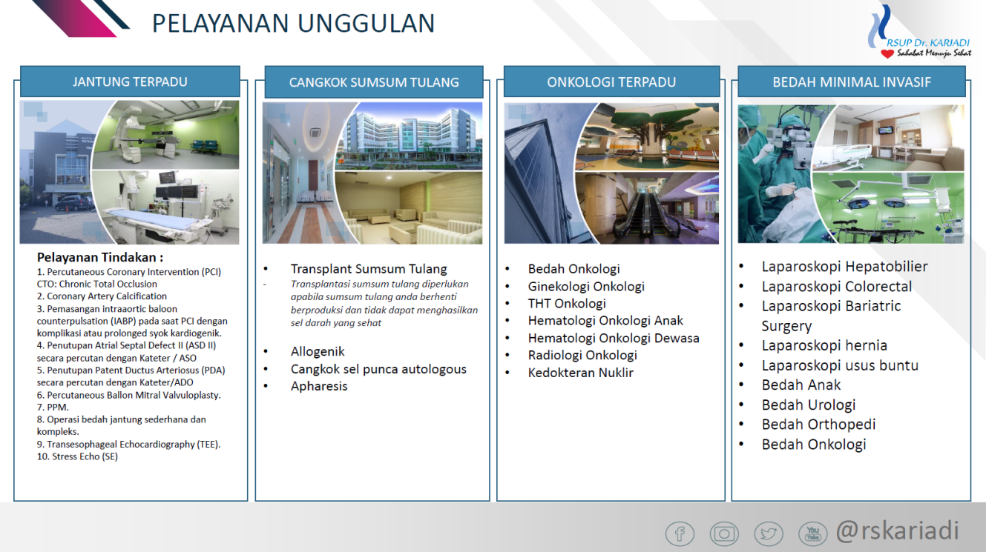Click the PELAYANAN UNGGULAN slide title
tap(293, 23)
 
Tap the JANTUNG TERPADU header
tap(130, 82)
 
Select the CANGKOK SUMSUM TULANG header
tap(374, 82)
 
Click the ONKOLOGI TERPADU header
tap(611, 82)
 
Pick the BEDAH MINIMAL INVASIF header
tap(852, 82)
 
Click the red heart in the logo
tap(887, 53)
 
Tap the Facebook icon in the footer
tap(680, 533)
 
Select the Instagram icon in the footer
tap(724, 533)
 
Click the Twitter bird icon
tap(769, 533)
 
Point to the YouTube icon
tap(812, 533)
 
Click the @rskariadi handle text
tap(897, 531)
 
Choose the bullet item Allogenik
tap(318, 352)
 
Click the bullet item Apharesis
tap(319, 386)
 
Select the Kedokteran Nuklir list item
tap(581, 373)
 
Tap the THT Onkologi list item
tap(567, 304)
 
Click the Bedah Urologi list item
tap(809, 405)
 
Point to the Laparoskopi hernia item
tap(824, 345)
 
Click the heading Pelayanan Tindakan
tap(100, 257)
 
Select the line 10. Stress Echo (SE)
tap(77, 456)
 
